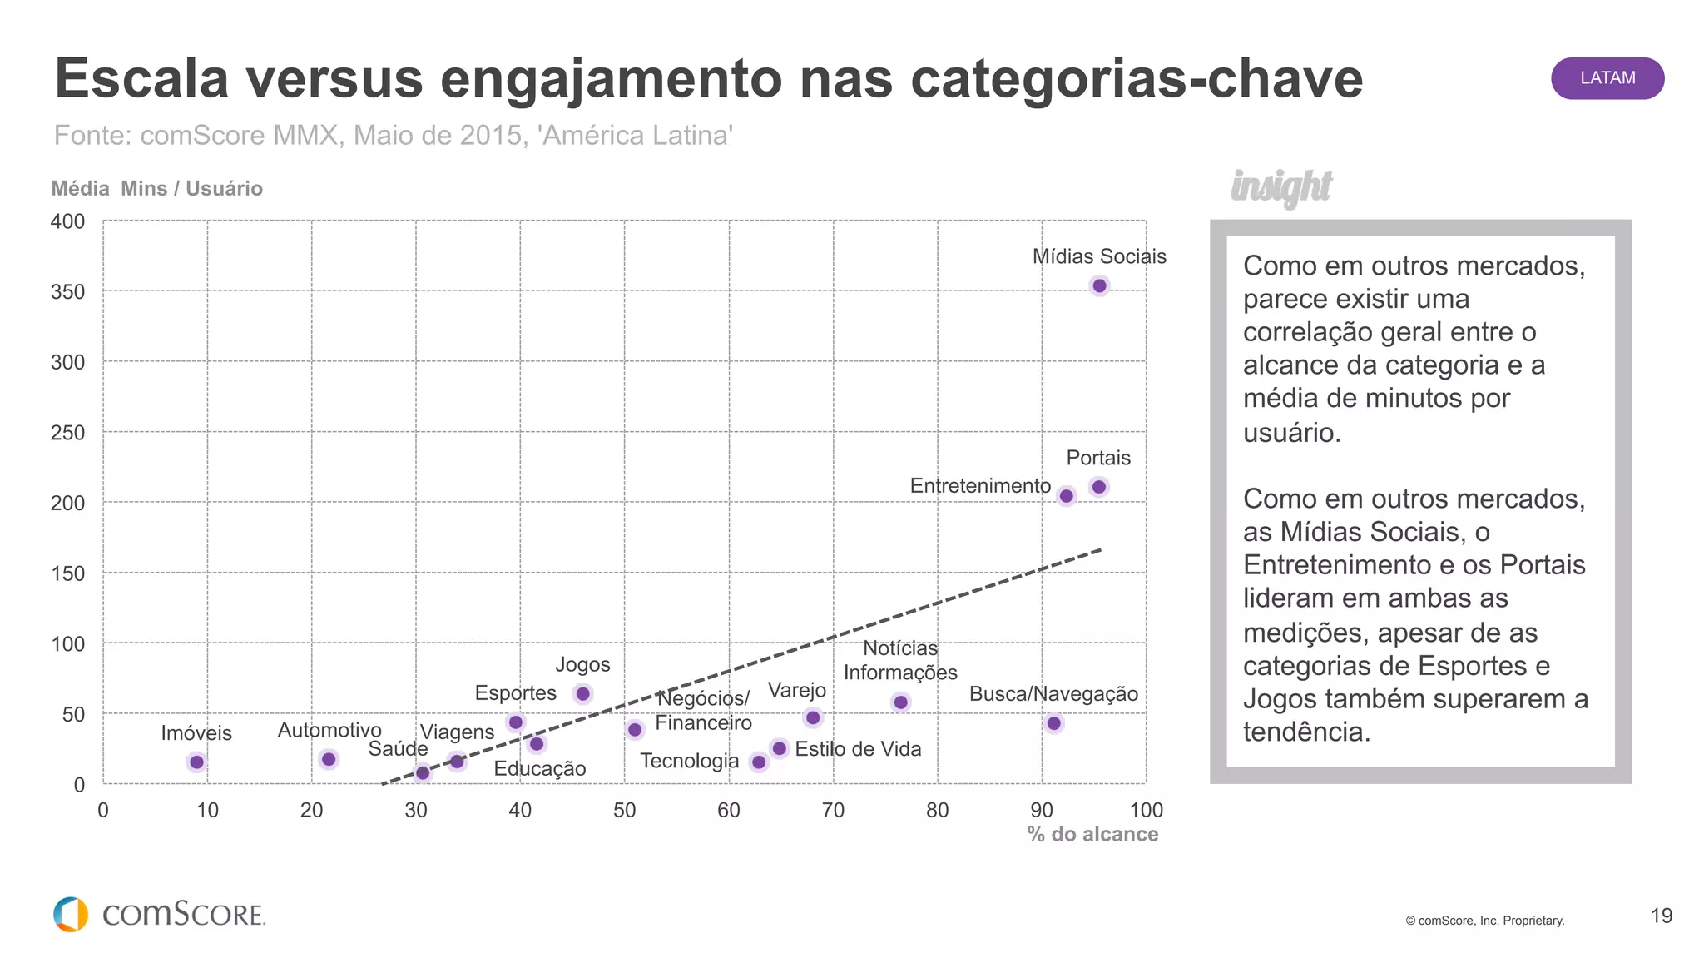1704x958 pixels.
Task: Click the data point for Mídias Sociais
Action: point(1099,285)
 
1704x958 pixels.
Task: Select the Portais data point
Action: point(1098,487)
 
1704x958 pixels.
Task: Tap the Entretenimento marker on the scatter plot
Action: point(1066,496)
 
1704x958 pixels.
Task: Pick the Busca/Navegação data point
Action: point(1054,723)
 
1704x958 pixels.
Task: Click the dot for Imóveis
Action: point(196,762)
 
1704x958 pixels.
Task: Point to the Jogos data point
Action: point(582,693)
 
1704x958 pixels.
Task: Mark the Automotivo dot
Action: point(329,759)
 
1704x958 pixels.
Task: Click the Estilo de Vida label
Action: point(858,749)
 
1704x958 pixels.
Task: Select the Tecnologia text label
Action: point(689,761)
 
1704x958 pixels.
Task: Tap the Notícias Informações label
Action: point(900,660)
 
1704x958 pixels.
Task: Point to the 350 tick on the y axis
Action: point(68,292)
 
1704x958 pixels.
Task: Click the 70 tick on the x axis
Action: point(833,810)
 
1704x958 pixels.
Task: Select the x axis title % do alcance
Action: point(1092,834)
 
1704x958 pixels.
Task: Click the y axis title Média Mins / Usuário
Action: point(156,189)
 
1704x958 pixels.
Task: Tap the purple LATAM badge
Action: point(1607,78)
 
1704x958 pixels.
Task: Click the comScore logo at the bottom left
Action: point(159,914)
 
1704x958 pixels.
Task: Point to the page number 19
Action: point(1661,916)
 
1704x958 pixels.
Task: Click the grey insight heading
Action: point(1281,187)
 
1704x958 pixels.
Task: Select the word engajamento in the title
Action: point(612,79)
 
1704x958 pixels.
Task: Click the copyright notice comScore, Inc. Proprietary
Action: point(1485,921)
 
